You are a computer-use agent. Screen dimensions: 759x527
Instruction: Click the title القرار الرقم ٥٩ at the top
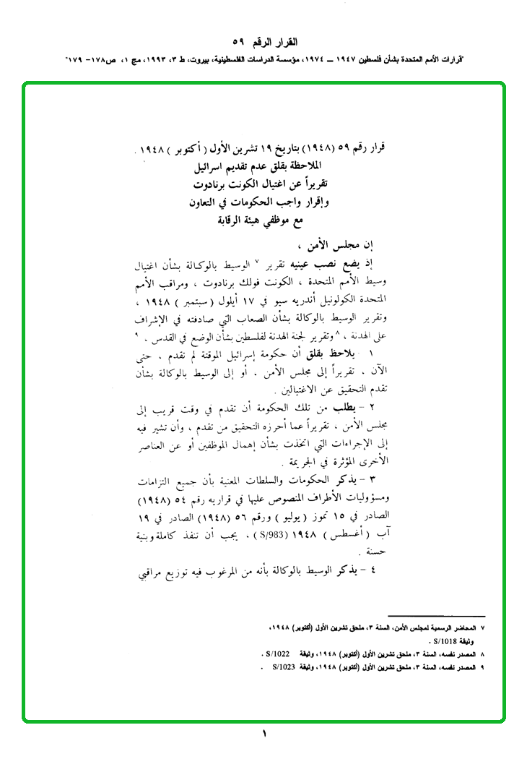coord(263,41)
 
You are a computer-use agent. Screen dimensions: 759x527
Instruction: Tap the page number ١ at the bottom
coord(263,734)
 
